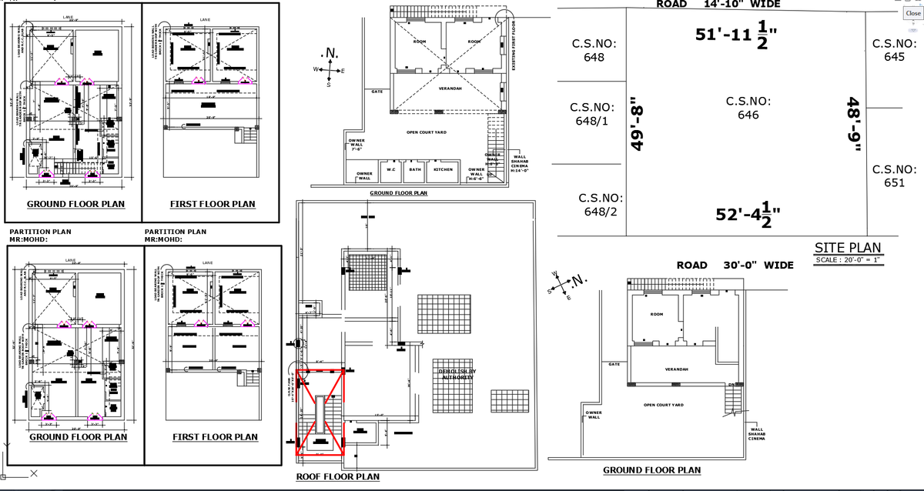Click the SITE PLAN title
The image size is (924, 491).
(847, 248)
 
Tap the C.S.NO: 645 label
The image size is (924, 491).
(894, 50)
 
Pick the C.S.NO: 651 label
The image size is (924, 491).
(894, 175)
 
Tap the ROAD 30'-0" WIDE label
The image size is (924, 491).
(735, 266)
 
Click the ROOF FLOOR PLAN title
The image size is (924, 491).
(337, 477)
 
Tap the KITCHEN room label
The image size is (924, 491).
(444, 169)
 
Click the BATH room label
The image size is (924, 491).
(414, 169)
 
